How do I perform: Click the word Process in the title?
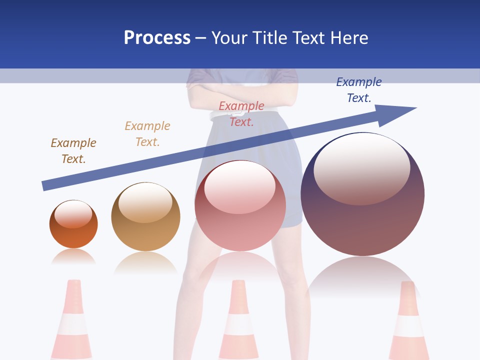tap(157, 38)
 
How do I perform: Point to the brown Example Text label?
tap(73, 151)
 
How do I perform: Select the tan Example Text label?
tap(147, 134)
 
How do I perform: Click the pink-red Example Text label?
tap(241, 114)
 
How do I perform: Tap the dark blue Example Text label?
tap(359, 90)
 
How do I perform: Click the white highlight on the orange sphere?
tap(73, 214)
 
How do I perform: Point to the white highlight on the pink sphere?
tap(239, 186)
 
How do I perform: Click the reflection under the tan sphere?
tap(145, 262)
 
